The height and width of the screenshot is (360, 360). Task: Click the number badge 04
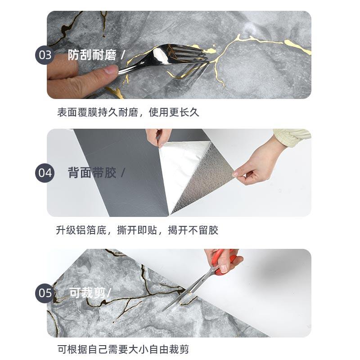pyautogui.click(x=45, y=173)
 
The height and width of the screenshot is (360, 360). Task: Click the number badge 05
pyautogui.click(x=45, y=293)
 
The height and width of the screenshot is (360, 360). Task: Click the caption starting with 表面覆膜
pyautogui.click(x=128, y=112)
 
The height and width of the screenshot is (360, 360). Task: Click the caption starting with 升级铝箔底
pyautogui.click(x=137, y=231)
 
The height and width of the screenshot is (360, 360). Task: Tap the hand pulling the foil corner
pyautogui.click(x=256, y=162)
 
